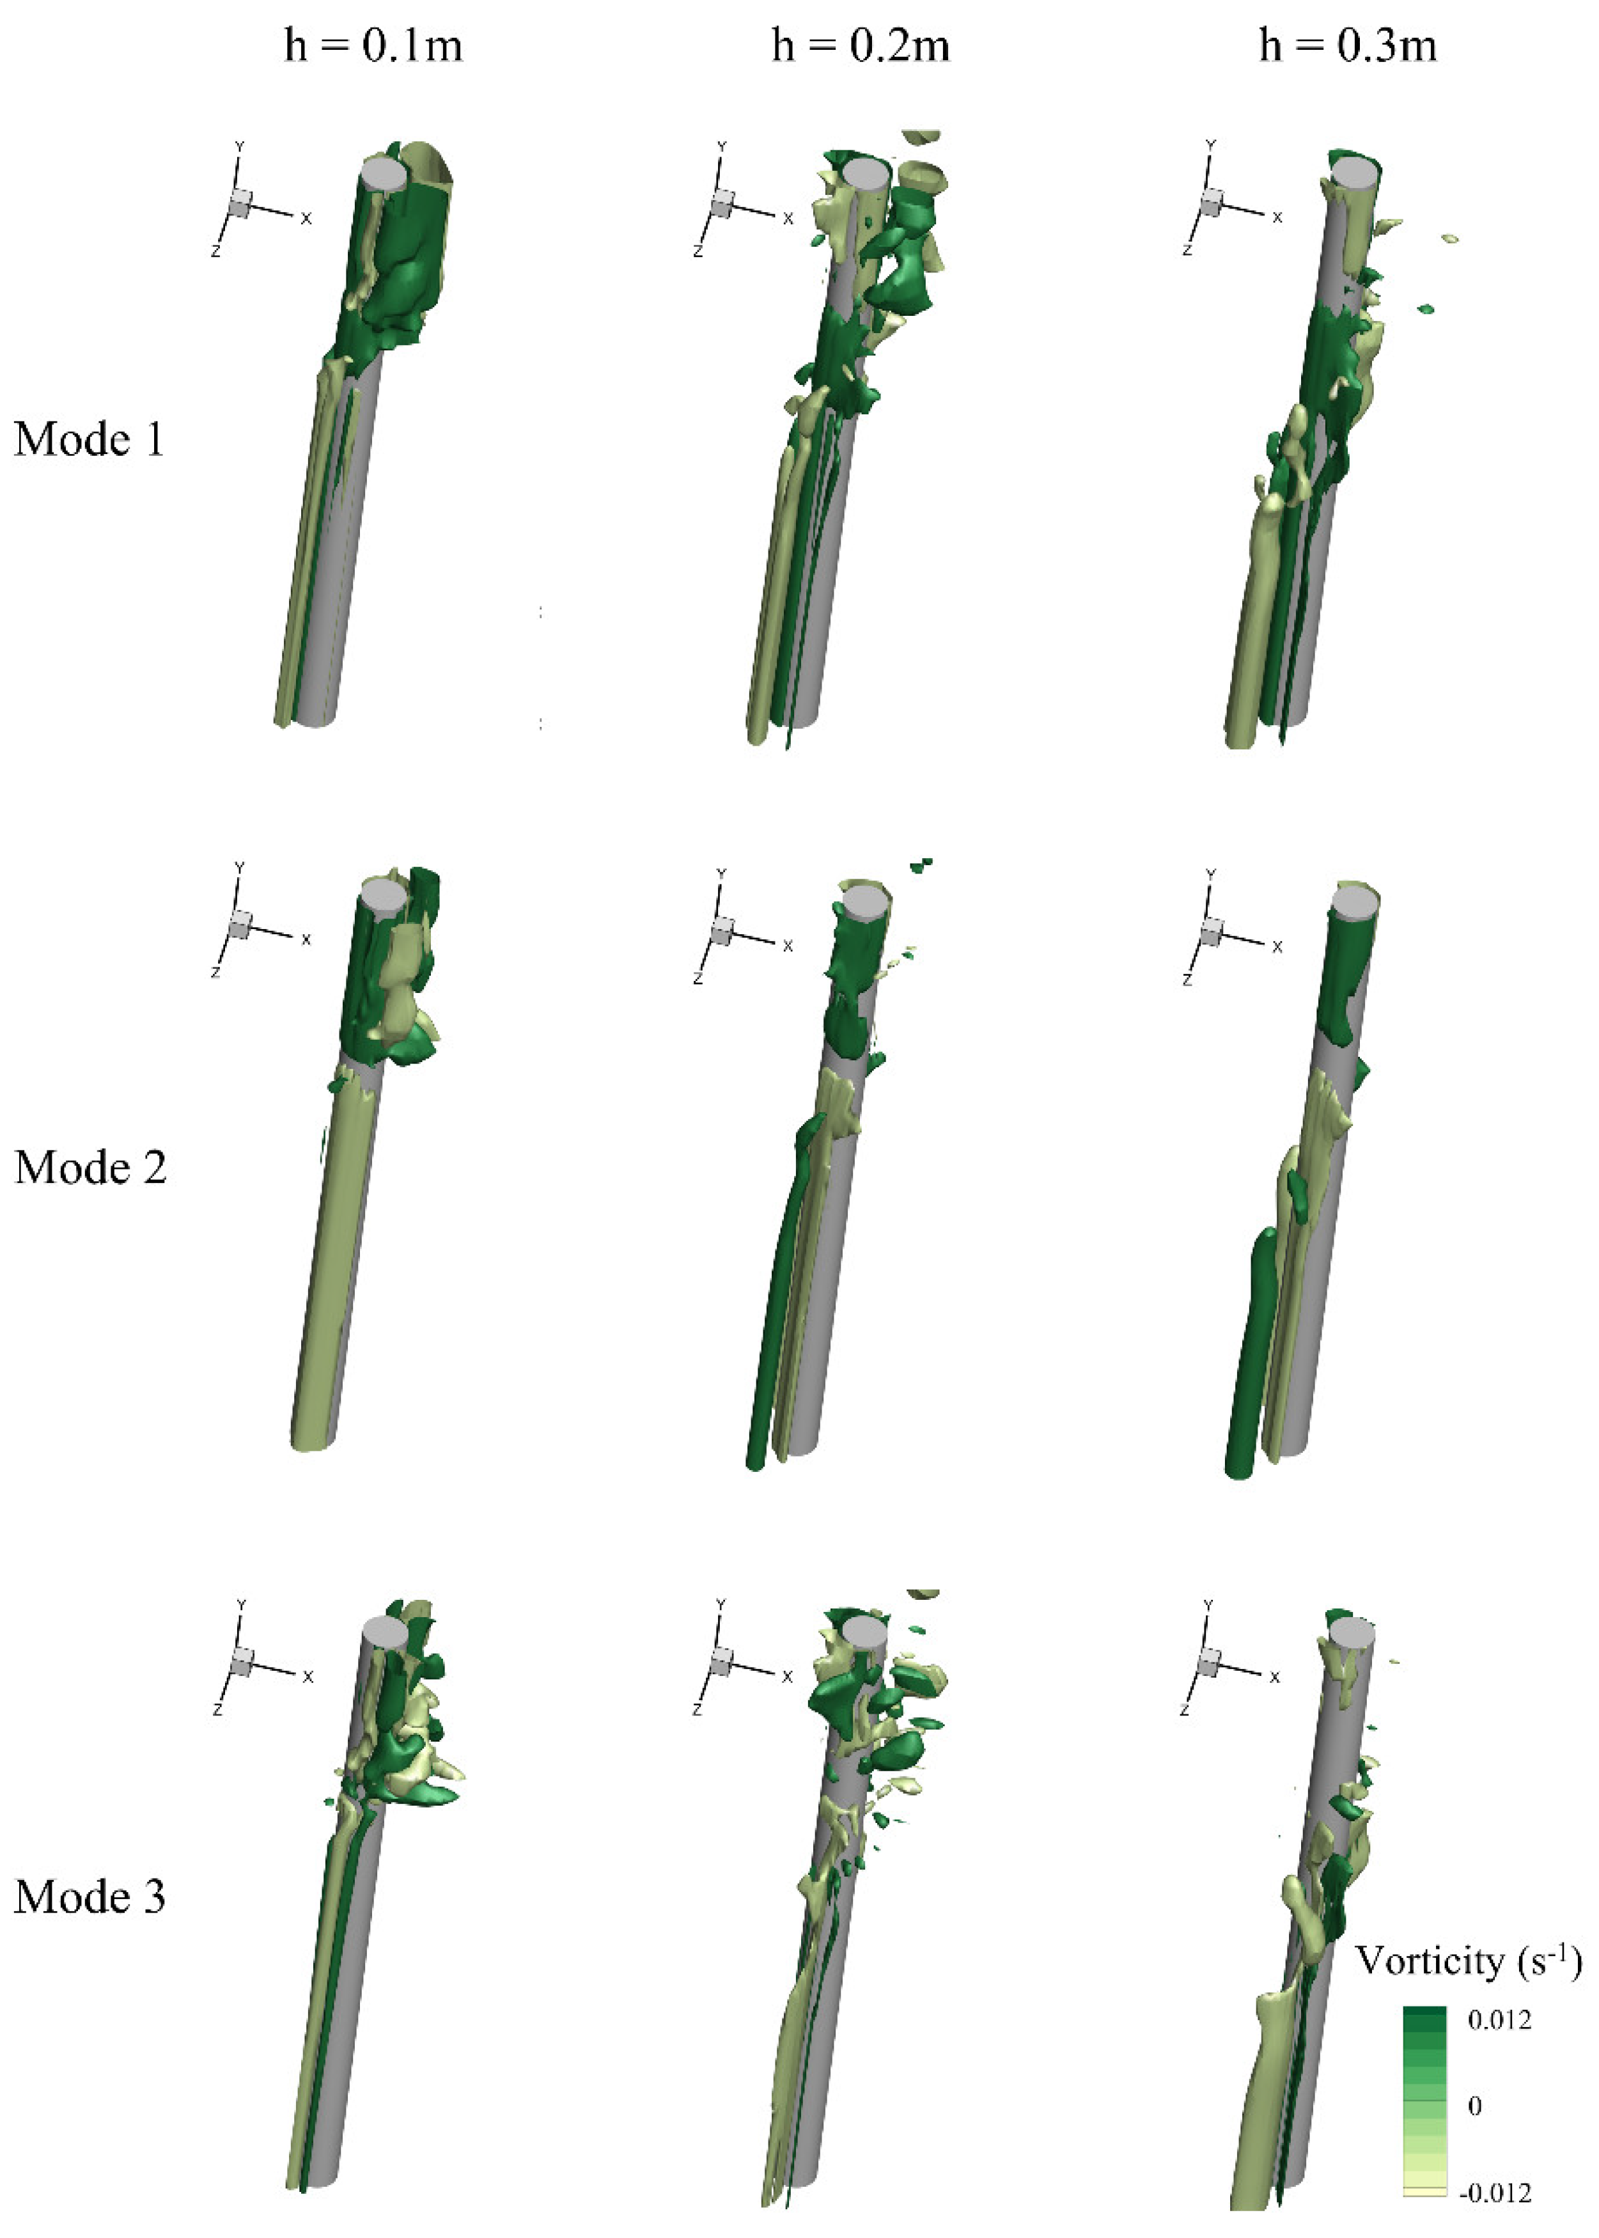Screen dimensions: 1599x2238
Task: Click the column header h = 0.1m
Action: click(x=373, y=45)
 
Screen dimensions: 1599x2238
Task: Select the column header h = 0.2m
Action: click(x=861, y=45)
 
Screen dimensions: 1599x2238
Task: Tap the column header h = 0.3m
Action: click(x=1348, y=45)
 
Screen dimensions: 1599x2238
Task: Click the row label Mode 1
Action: click(x=89, y=439)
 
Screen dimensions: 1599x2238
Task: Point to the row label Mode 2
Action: click(x=90, y=1168)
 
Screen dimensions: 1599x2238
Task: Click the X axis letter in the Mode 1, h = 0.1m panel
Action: click(x=306, y=219)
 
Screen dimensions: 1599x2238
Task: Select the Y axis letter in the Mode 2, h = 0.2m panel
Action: click(x=722, y=873)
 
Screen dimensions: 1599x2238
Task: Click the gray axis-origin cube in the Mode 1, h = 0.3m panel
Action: click(x=1210, y=204)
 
